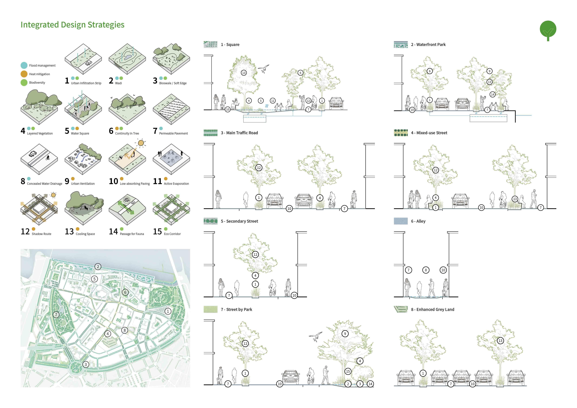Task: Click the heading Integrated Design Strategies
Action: pos(72,25)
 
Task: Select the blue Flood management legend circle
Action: pos(24,65)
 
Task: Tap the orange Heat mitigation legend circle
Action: pos(24,74)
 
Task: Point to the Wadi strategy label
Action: pos(118,83)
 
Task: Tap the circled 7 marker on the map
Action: pos(56,314)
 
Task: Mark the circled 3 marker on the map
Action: pos(86,364)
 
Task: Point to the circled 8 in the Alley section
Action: pos(426,270)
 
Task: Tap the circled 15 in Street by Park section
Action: pos(348,371)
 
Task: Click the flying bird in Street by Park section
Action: pos(316,336)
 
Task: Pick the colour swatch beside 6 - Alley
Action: pos(401,221)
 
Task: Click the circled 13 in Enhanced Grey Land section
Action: pos(500,341)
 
